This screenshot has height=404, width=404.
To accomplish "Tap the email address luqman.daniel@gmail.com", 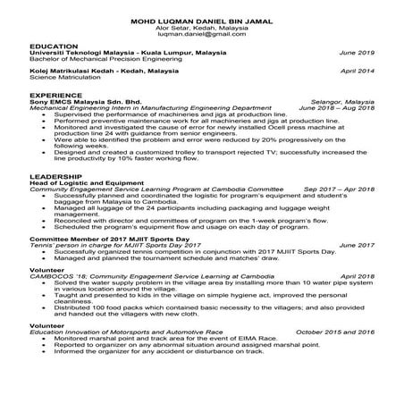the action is point(201,33).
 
